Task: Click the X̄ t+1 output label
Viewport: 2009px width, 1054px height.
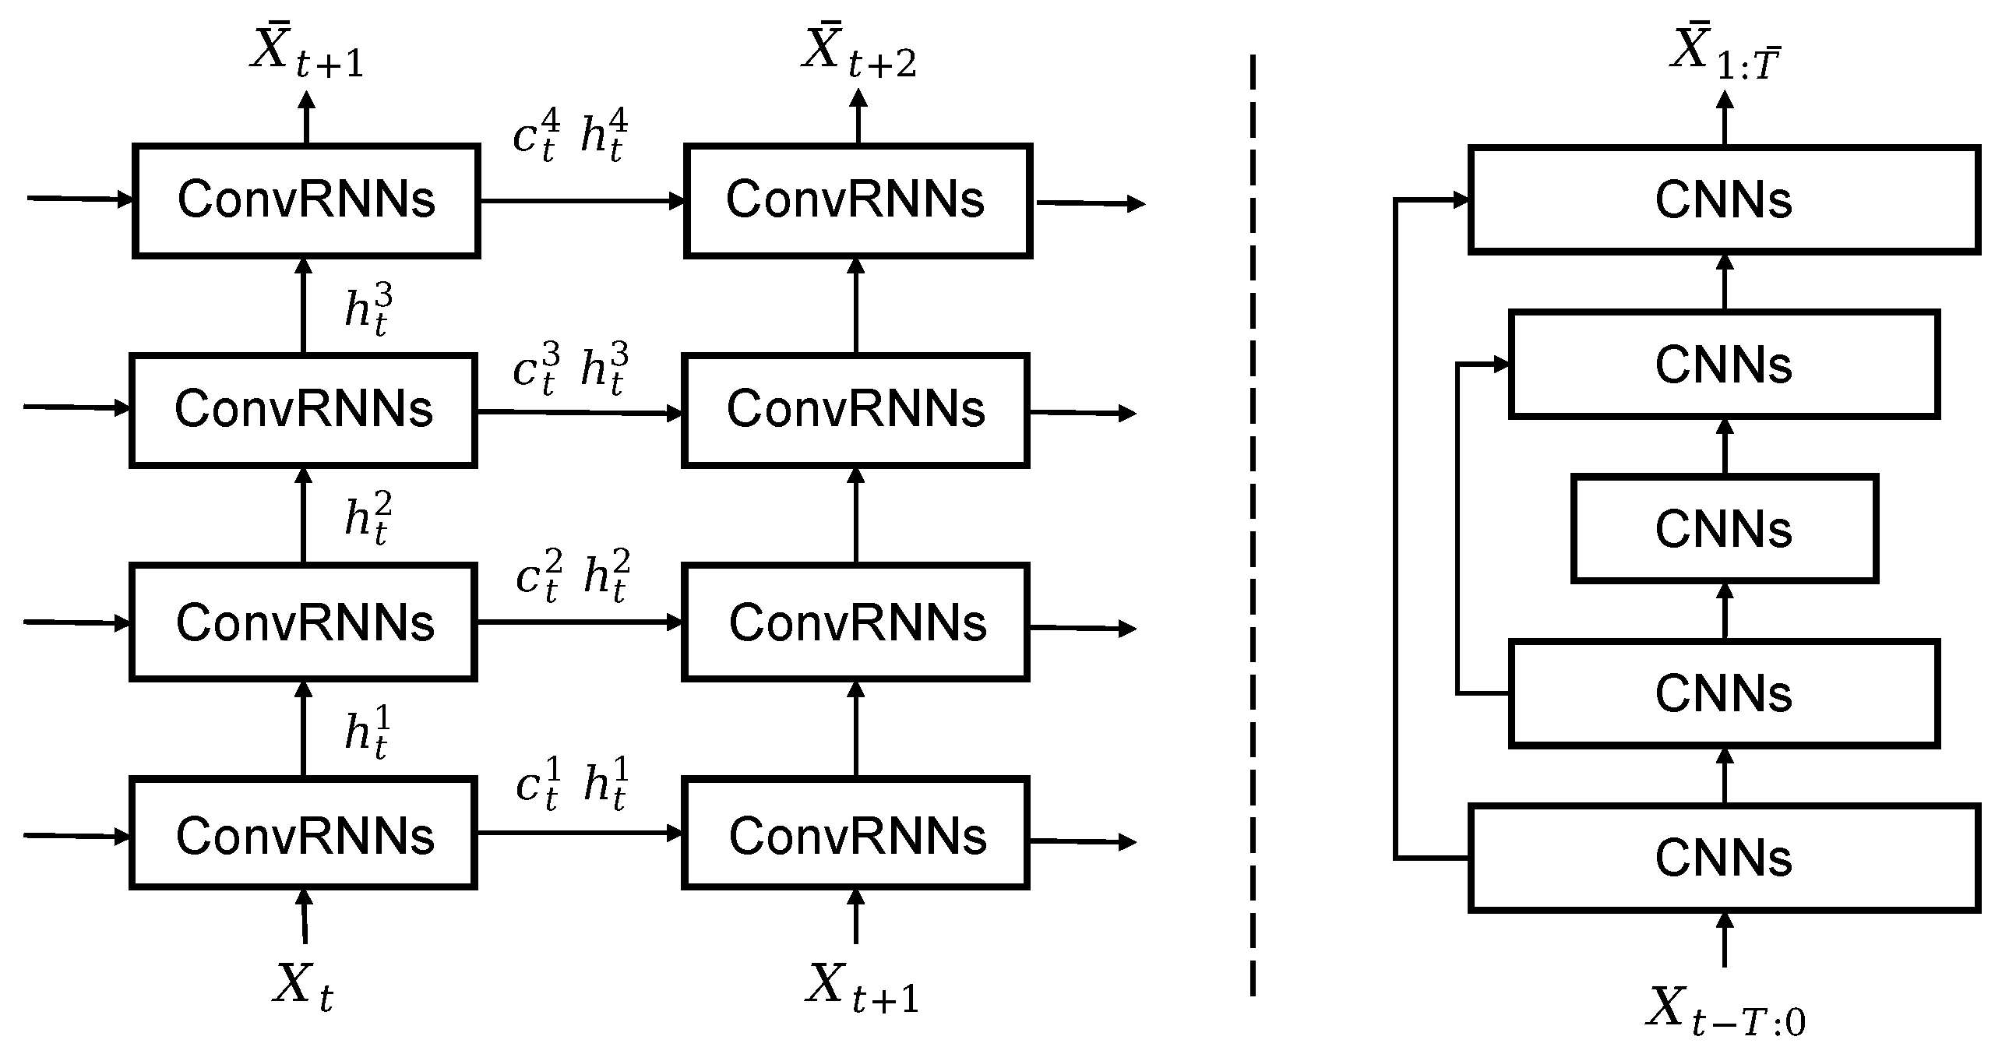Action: [x=306, y=53]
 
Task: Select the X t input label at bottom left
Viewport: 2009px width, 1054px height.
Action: [x=303, y=986]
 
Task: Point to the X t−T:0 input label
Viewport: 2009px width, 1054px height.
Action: [x=1725, y=1012]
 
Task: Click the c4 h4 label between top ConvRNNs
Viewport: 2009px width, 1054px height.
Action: [x=570, y=136]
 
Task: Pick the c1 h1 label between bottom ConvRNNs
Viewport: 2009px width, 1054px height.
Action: [x=572, y=783]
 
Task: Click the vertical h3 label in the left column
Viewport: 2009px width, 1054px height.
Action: [x=368, y=310]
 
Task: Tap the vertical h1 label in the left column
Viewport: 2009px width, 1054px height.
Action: [x=367, y=731]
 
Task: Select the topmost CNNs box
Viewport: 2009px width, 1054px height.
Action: [x=1725, y=199]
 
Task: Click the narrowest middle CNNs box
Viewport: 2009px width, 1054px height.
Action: [x=1725, y=528]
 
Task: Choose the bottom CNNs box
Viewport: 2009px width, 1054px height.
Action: [x=1725, y=858]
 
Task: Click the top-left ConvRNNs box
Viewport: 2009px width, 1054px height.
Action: [x=305, y=199]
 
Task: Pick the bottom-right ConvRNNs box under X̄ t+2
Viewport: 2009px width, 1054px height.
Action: [x=855, y=834]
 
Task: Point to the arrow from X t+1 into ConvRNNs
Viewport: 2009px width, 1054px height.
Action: [x=855, y=918]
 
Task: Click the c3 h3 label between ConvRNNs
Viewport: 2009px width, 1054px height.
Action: [x=570, y=368]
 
